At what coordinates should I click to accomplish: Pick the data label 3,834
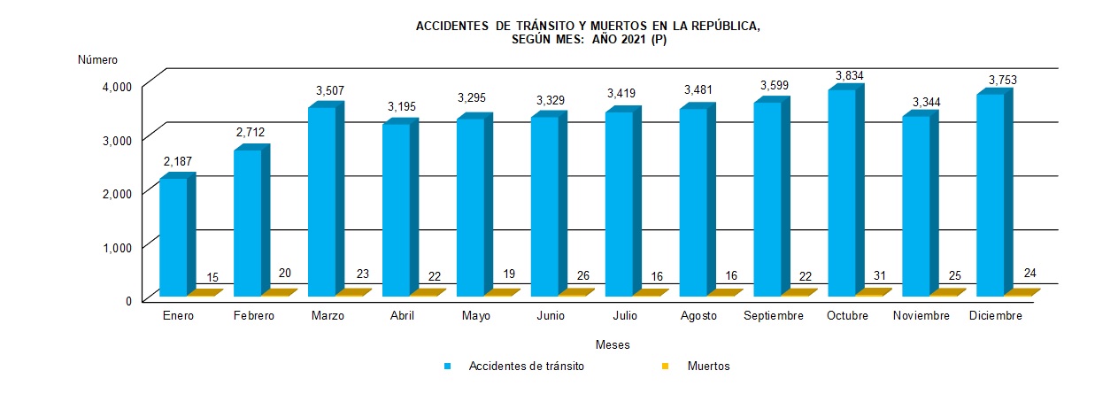tap(845, 73)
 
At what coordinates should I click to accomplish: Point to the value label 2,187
tap(177, 162)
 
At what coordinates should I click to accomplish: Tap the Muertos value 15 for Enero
tap(212, 278)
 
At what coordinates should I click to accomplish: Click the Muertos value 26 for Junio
tap(583, 275)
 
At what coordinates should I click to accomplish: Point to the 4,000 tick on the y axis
tap(117, 86)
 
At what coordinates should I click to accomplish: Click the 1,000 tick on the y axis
tap(117, 247)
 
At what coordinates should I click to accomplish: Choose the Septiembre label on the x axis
tap(773, 316)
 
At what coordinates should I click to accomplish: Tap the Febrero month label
tap(254, 316)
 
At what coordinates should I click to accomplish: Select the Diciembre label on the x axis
tap(996, 316)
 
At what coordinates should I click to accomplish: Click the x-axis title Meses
tap(613, 344)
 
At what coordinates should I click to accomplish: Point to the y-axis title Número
tap(97, 60)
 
